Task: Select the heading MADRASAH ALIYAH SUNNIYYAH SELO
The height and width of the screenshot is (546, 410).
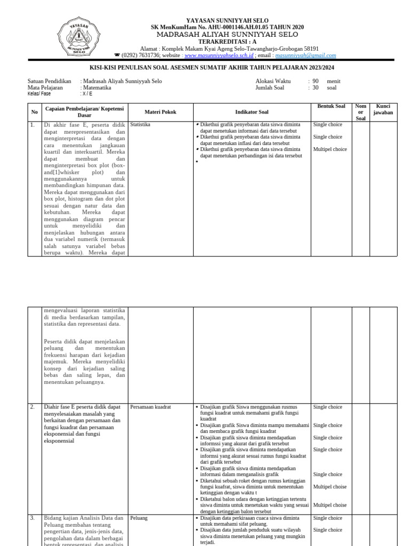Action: pos(227,34)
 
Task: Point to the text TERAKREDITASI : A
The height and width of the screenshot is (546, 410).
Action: pos(227,41)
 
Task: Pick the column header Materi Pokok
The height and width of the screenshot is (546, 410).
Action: pos(160,112)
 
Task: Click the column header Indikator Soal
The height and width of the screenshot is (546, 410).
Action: pos(252,112)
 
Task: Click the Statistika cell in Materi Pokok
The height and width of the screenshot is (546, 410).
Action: pos(140,124)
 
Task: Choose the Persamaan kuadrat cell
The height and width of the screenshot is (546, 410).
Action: pos(150,407)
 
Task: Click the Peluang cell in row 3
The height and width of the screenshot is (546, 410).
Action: pos(139,518)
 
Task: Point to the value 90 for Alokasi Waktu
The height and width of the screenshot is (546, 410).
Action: pos(316,81)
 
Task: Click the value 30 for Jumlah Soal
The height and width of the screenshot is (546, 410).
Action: pos(316,87)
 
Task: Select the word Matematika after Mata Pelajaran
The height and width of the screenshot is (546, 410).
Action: pos(96,87)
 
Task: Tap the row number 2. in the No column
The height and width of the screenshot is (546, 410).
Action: pos(33,407)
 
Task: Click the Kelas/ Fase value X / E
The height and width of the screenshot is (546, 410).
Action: pos(86,94)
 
